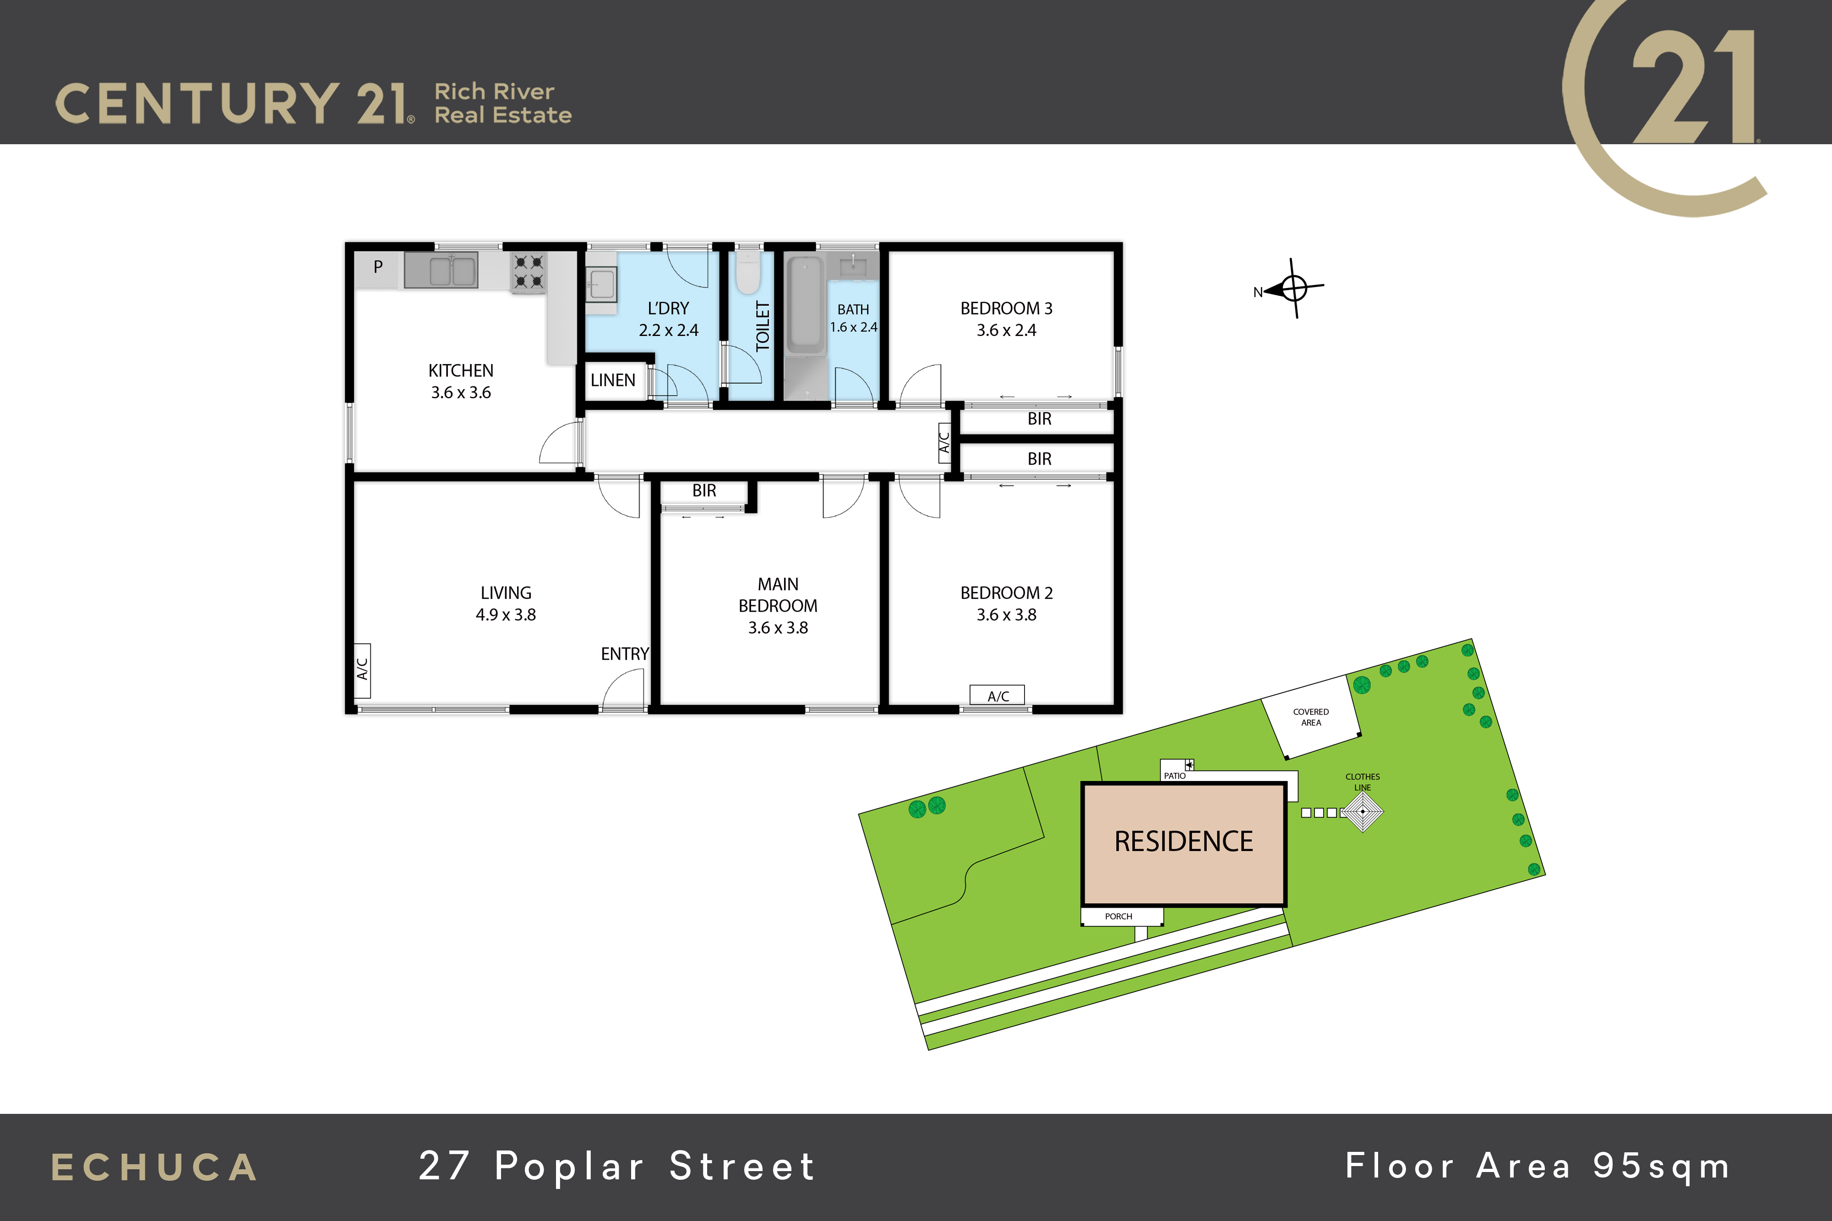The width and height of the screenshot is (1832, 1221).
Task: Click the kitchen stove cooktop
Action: point(528,272)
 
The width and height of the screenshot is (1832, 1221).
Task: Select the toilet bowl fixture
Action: point(748,272)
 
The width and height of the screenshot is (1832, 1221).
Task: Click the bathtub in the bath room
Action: point(805,305)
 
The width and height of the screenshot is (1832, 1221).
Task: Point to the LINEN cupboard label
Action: point(613,380)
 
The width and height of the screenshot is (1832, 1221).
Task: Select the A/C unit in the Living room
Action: point(362,670)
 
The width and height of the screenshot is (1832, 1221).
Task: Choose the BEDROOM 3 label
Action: point(1006,309)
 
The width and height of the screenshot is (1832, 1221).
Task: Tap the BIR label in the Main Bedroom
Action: point(704,491)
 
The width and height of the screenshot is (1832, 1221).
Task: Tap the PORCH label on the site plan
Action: point(1118,917)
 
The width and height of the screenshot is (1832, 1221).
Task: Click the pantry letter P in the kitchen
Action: point(378,267)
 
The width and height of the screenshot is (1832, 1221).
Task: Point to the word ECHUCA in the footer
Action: point(154,1168)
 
